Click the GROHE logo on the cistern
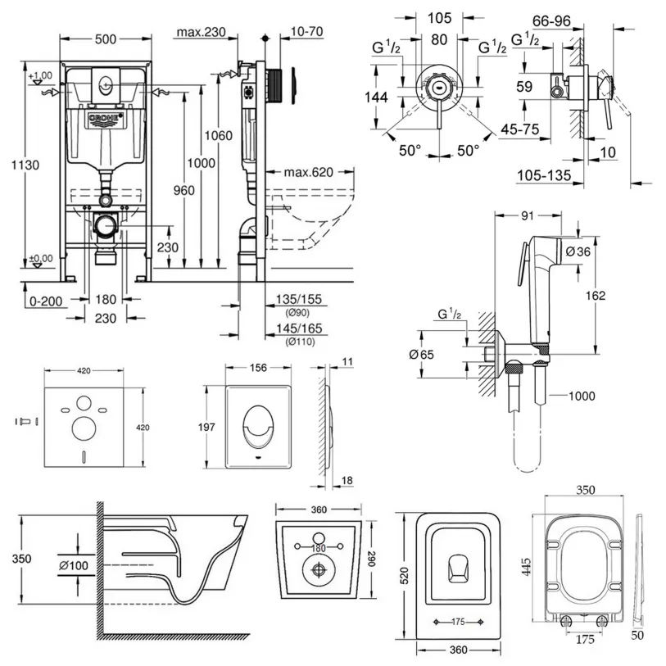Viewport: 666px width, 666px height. coord(106,120)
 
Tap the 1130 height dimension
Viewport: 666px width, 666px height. coord(25,165)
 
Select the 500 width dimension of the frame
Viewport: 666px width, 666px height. coord(106,39)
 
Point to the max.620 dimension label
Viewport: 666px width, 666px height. coord(308,172)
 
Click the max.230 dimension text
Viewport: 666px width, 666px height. coord(201,32)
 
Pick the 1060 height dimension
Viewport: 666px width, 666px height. coord(219,135)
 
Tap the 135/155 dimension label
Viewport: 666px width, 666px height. coord(299,299)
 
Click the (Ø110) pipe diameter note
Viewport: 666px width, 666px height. coord(301,341)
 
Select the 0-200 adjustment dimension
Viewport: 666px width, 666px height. coord(46,301)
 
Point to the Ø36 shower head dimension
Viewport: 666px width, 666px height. coord(578,251)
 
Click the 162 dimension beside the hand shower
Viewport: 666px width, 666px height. coord(596,295)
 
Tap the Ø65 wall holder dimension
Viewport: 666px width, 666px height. coord(421,354)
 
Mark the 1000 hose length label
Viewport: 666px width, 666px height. coord(582,396)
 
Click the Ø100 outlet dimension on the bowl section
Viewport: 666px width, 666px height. coord(74,565)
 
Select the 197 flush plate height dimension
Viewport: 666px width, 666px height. coord(206,427)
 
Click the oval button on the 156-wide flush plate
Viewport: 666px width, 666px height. coord(258,427)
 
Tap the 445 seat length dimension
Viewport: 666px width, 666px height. coord(526,567)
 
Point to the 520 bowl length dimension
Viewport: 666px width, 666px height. coord(404,576)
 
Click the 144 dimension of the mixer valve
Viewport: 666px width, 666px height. coord(376,97)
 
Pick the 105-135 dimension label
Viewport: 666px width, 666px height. coord(544,175)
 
